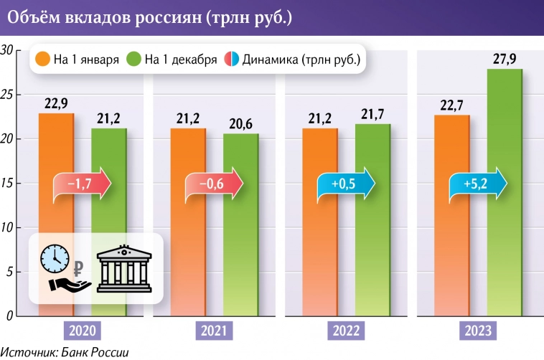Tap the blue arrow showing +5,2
click(x=478, y=185)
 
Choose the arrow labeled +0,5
click(x=346, y=185)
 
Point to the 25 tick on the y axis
click(x=7, y=95)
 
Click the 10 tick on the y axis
click(x=7, y=228)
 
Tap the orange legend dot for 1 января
click(x=42, y=60)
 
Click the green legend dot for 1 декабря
click(x=133, y=60)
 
